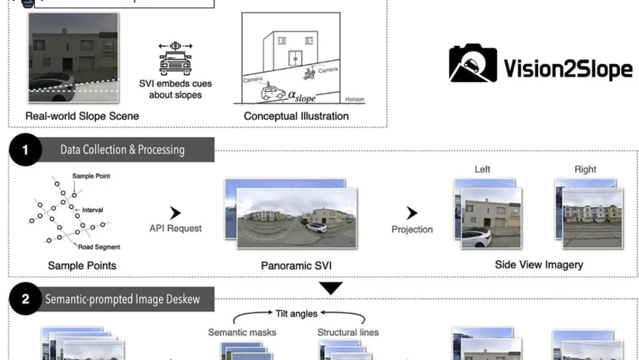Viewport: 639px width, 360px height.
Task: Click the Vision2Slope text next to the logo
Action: pyautogui.click(x=567, y=69)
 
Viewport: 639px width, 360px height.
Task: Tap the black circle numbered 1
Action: pyautogui.click(x=26, y=150)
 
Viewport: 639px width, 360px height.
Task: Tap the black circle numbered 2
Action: pyautogui.click(x=26, y=299)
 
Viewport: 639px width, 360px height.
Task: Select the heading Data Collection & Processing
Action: pyautogui.click(x=122, y=150)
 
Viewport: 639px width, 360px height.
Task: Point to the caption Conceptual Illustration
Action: pyautogui.click(x=297, y=116)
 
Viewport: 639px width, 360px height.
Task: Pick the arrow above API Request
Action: pyautogui.click(x=176, y=213)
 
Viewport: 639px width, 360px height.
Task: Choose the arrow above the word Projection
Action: pyautogui.click(x=412, y=214)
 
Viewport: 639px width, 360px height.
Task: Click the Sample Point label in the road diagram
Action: pyautogui.click(x=89, y=176)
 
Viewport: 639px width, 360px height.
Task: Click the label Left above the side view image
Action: pyautogui.click(x=482, y=169)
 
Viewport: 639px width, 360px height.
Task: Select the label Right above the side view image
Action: pyautogui.click(x=585, y=169)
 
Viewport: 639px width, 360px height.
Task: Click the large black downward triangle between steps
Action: pyautogui.click(x=331, y=288)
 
